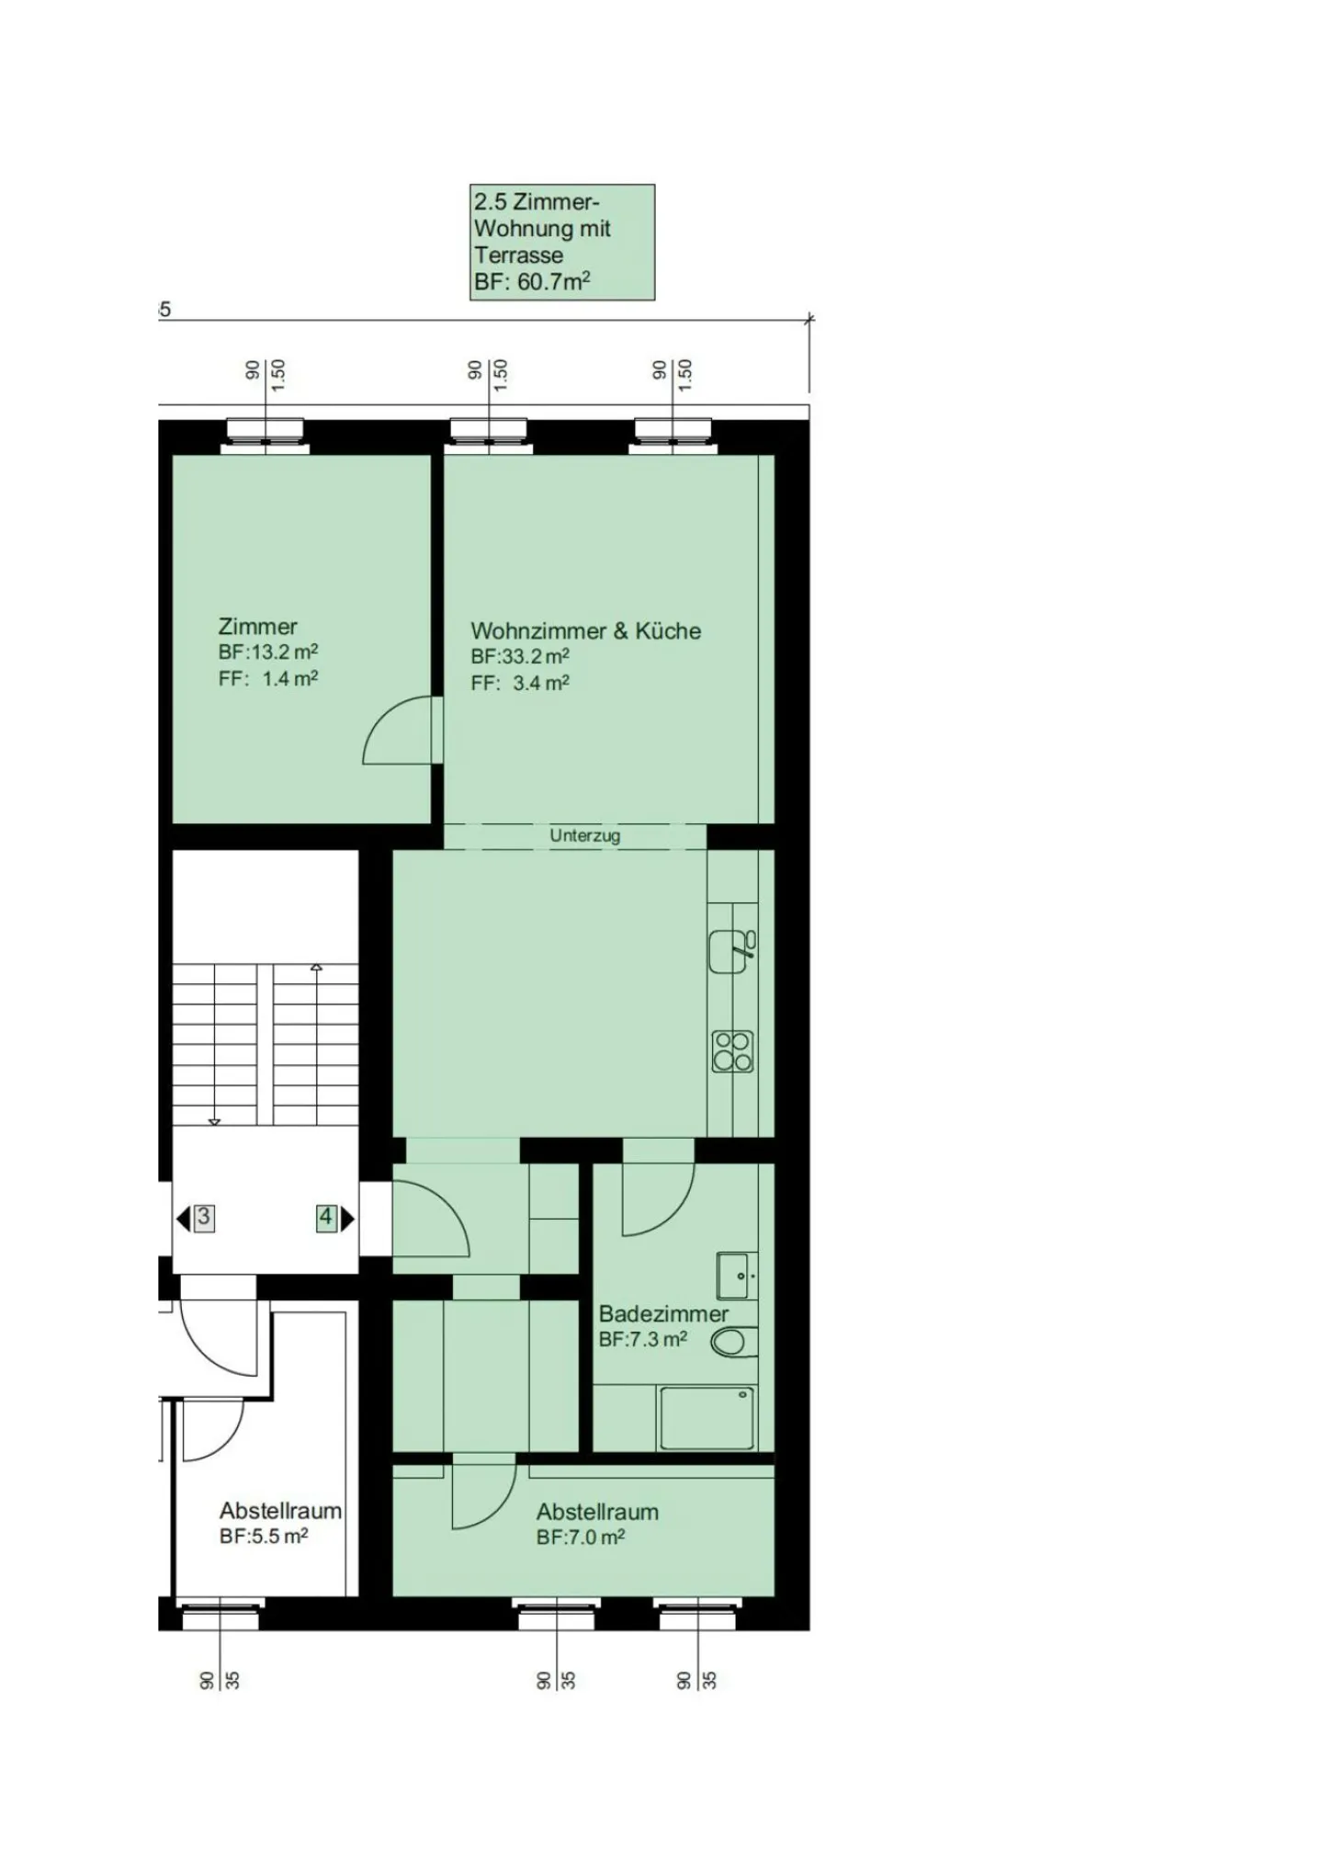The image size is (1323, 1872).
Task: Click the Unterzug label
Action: point(584,835)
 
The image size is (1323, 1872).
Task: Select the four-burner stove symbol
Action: point(732,1051)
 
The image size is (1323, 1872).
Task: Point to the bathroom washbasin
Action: point(736,1275)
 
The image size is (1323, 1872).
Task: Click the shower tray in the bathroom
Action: point(706,1418)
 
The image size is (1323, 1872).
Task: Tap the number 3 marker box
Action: point(204,1218)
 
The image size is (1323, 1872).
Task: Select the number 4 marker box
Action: point(325,1218)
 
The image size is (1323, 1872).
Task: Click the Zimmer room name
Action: point(257,627)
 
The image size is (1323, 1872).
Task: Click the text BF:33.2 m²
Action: point(520,657)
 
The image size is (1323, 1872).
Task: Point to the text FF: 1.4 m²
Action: point(268,679)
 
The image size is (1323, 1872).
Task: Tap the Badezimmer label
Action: point(663,1314)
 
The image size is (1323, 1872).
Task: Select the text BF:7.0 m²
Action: point(581,1537)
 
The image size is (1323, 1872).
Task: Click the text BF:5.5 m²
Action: point(264,1536)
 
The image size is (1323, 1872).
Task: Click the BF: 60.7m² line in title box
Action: point(532,282)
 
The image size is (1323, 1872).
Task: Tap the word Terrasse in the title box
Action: point(519,255)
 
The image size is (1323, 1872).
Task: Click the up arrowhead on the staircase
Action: point(316,967)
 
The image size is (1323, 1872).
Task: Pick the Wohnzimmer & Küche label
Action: point(585,631)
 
